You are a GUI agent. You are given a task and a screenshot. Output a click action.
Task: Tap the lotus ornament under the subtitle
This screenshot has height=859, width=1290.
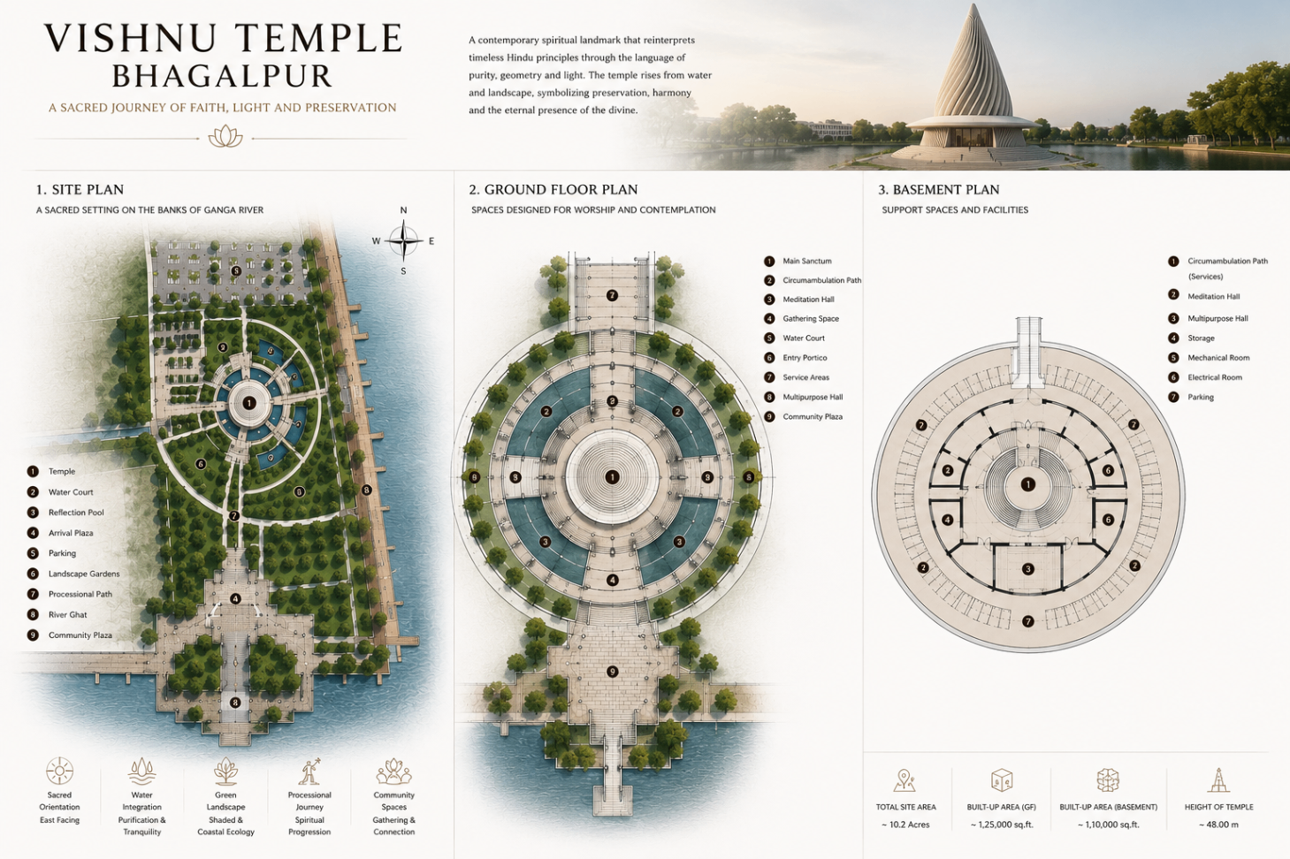225,137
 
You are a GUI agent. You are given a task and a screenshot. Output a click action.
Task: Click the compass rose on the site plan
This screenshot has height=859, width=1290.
404,240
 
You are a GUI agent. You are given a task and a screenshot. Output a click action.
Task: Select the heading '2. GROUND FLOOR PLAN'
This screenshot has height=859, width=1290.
553,189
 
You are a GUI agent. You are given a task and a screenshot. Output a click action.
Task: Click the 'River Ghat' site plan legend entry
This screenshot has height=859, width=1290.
67,614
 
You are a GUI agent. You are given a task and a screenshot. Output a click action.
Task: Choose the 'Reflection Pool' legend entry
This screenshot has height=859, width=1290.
76,513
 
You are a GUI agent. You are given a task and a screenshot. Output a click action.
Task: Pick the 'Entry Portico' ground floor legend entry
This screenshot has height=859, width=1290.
805,358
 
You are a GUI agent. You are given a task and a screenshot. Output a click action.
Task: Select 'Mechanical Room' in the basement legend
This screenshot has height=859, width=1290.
1218,358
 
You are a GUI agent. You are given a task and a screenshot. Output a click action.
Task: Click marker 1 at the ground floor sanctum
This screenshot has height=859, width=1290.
612,476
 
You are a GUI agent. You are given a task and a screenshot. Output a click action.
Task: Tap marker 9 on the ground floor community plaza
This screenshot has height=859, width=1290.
612,672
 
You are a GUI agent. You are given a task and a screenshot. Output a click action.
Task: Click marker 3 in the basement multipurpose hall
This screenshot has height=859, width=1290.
1028,569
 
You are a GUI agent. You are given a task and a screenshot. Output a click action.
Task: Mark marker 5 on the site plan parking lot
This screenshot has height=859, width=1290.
235,270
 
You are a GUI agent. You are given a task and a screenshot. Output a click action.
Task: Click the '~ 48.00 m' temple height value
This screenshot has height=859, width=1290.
1218,825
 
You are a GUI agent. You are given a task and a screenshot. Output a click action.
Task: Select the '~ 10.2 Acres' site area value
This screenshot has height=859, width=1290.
905,825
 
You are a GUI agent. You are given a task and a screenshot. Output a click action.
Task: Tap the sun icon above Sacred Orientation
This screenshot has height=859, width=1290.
59,771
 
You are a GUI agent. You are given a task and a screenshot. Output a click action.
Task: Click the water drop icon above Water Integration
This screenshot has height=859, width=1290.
141,772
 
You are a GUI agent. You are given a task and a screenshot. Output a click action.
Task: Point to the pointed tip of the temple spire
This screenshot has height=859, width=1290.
973,4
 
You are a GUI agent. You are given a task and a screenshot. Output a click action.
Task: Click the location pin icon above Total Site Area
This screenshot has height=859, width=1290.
905,780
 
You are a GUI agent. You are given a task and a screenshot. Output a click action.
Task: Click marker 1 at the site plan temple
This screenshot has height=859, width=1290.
248,403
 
